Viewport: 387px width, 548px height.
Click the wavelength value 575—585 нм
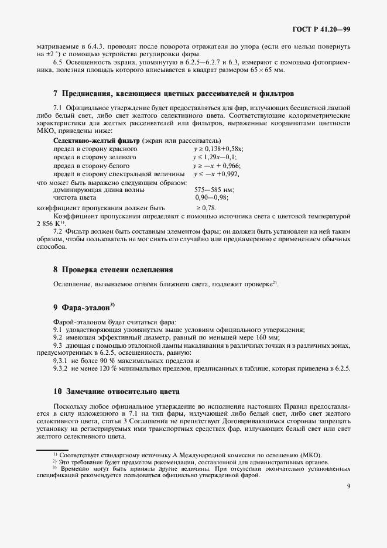point(214,190)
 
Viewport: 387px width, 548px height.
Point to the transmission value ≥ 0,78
point(206,207)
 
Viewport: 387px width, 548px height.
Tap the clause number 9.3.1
point(61,362)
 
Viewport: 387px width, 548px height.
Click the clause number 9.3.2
point(61,370)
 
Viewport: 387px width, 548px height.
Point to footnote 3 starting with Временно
point(193,468)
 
